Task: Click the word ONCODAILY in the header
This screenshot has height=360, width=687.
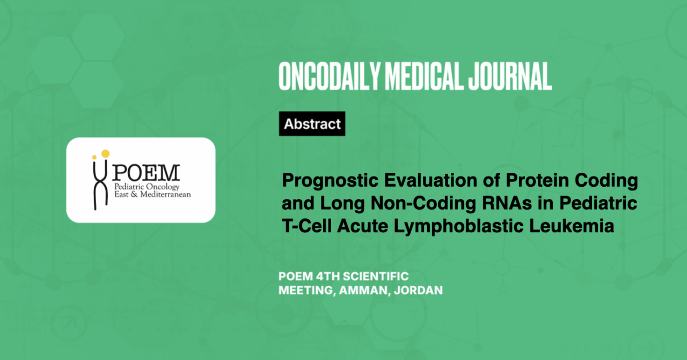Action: click(x=329, y=76)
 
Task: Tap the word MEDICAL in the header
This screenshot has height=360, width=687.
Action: click(x=423, y=76)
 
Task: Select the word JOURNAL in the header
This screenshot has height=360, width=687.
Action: click(x=510, y=76)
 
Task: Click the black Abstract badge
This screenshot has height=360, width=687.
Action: click(x=312, y=123)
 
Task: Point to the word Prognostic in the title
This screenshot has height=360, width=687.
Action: click(x=330, y=181)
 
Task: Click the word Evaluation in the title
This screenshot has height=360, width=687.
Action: click(x=430, y=180)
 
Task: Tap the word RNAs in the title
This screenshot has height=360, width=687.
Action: click(x=507, y=203)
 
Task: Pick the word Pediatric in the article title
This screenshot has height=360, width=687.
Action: click(x=598, y=203)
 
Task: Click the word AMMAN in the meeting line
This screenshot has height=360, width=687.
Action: click(x=363, y=290)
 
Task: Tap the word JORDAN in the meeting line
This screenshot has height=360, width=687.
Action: click(x=418, y=290)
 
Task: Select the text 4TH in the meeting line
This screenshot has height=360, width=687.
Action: click(x=327, y=276)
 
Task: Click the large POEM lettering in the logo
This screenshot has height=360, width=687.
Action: click(x=146, y=173)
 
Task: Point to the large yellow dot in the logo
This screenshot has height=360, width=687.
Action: click(x=106, y=153)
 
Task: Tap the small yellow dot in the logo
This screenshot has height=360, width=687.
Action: click(x=94, y=157)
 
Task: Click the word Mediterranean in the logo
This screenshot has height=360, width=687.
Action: click(x=166, y=194)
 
